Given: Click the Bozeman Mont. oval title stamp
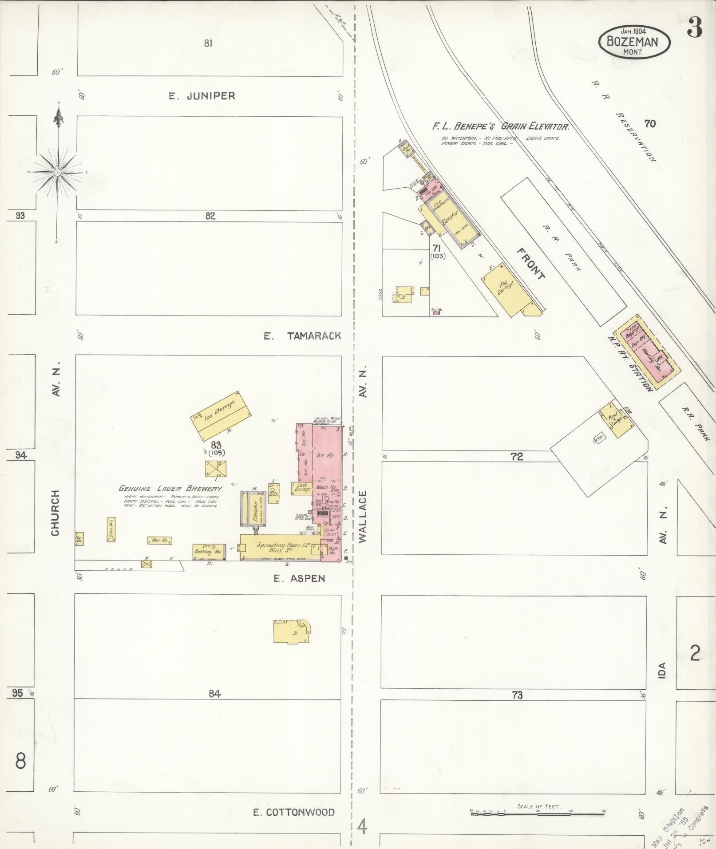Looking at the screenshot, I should tap(634, 41).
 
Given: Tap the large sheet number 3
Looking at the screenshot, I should tap(695, 28).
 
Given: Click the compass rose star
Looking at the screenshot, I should tap(58, 172).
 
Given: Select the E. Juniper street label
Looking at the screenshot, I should tap(202, 96).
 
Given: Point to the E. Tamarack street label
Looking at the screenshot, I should tap(302, 336).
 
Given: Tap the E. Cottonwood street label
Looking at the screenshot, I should tap(294, 812).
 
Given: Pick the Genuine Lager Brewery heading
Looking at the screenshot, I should tap(170, 488).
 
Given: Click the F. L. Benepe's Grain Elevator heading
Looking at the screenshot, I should tap(501, 126).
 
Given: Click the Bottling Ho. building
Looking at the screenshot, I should tap(209, 551).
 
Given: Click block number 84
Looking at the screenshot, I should tap(214, 693).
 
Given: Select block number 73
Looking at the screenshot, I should tap(517, 695).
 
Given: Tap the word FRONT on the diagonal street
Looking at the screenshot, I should tap(530, 264).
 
